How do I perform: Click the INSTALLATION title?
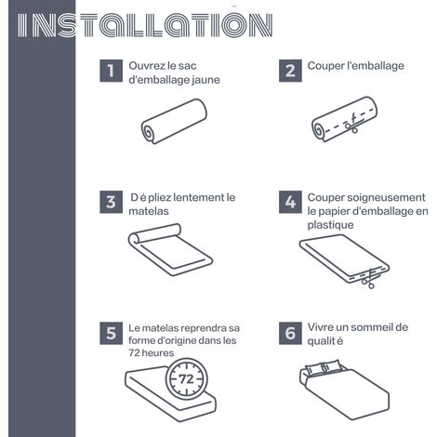145,25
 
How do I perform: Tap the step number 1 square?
111,71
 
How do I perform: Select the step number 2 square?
290,71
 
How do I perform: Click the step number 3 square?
111,202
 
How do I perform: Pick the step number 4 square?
290,202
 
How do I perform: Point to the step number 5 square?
111,333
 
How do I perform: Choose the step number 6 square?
290,333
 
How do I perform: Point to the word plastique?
330,225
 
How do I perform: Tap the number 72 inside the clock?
186,379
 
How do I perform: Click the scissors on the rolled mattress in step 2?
351,124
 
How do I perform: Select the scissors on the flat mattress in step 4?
369,278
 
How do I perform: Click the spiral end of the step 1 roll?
149,132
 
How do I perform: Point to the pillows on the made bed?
324,368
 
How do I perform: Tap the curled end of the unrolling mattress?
135,240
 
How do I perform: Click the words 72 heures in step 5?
152,353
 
